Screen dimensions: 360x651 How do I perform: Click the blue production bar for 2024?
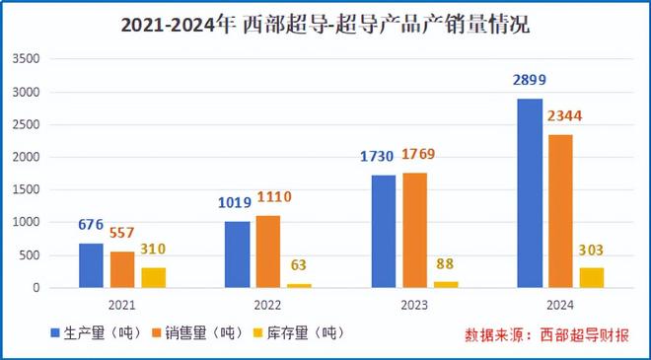pos(530,193)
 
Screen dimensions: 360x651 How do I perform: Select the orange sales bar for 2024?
pos(560,211)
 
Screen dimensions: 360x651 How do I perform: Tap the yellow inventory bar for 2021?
pos(153,277)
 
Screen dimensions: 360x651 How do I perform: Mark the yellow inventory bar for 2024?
pos(591,277)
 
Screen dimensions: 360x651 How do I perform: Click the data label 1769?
pos(417,155)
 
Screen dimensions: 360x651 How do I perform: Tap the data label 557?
pos(122,233)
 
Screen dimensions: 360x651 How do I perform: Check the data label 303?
pos(591,250)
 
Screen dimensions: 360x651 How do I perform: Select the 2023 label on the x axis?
pos(416,303)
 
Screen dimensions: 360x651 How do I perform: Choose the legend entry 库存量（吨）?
pos(302,331)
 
